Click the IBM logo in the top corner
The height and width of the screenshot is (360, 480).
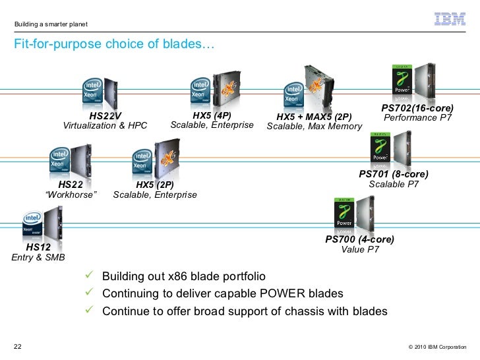[x=450, y=18]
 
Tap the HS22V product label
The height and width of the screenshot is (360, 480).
[x=105, y=115]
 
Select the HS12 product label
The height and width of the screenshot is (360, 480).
[x=38, y=247]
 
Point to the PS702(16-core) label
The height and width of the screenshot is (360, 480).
[x=417, y=107]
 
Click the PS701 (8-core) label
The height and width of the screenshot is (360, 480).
[x=394, y=174]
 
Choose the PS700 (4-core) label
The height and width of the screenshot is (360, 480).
[x=360, y=239]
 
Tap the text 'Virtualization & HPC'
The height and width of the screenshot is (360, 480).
[x=105, y=126]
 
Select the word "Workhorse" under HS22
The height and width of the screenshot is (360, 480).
[x=71, y=195]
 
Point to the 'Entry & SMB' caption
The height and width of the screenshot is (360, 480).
[x=39, y=258]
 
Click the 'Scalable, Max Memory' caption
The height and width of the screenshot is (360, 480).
[x=315, y=127]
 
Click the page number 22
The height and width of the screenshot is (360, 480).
[x=18, y=347]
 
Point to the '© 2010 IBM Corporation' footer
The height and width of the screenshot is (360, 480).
[x=437, y=347]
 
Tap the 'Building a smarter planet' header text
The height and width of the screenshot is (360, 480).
[x=51, y=25]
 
